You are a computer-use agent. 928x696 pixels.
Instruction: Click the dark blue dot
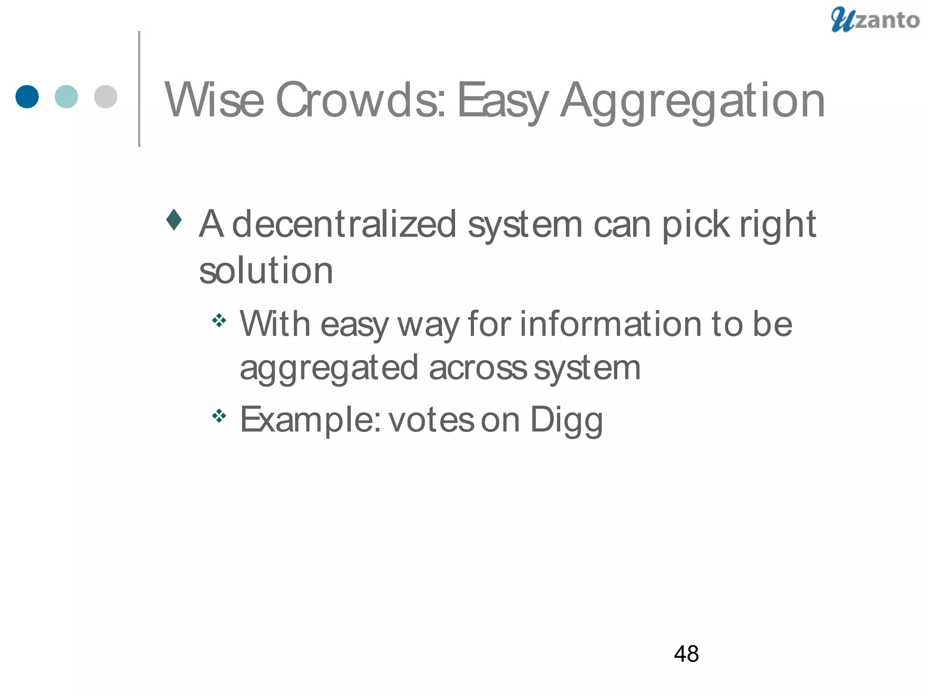pyautogui.click(x=27, y=97)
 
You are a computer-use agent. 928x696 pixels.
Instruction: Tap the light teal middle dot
pyautogui.click(x=66, y=97)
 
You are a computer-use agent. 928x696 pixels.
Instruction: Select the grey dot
pyautogui.click(x=106, y=97)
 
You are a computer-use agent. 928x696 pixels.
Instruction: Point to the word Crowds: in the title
pyautogui.click(x=360, y=100)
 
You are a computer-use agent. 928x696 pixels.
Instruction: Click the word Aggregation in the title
pyautogui.click(x=692, y=102)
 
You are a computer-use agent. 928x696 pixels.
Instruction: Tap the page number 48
pyautogui.click(x=686, y=654)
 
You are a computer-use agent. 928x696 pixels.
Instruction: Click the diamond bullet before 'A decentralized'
pyautogui.click(x=174, y=220)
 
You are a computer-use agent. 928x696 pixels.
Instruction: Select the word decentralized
pyautogui.click(x=344, y=225)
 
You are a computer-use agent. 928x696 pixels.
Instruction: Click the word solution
pyautogui.click(x=266, y=271)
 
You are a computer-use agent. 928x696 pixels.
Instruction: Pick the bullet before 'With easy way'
pyautogui.click(x=219, y=320)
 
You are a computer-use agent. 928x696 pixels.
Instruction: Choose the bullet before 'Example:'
pyautogui.click(x=219, y=416)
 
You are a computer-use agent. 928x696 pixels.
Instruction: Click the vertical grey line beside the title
pyautogui.click(x=139, y=89)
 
